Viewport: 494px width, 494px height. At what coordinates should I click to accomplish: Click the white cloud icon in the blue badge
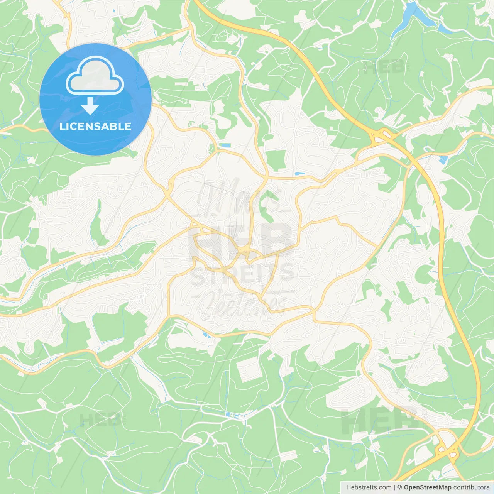(x=95, y=76)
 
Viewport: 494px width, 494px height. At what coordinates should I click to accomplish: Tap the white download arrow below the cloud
(x=90, y=106)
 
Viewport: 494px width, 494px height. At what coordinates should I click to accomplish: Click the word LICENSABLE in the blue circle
(x=95, y=126)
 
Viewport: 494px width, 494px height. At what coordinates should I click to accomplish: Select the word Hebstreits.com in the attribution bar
(x=369, y=487)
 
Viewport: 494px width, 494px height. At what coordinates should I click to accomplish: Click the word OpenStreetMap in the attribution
(x=427, y=487)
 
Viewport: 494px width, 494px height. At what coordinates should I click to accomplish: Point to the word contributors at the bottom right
(x=471, y=487)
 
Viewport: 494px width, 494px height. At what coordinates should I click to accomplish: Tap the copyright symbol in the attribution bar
(x=400, y=487)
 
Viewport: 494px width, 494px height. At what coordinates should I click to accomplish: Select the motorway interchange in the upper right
(x=381, y=136)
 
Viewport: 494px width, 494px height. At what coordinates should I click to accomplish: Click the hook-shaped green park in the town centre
(x=266, y=205)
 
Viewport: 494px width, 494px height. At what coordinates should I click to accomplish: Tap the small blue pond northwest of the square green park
(x=224, y=145)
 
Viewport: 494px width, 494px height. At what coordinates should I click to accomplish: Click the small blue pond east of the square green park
(x=299, y=174)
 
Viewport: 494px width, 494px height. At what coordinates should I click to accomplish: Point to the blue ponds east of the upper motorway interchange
(x=443, y=159)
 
